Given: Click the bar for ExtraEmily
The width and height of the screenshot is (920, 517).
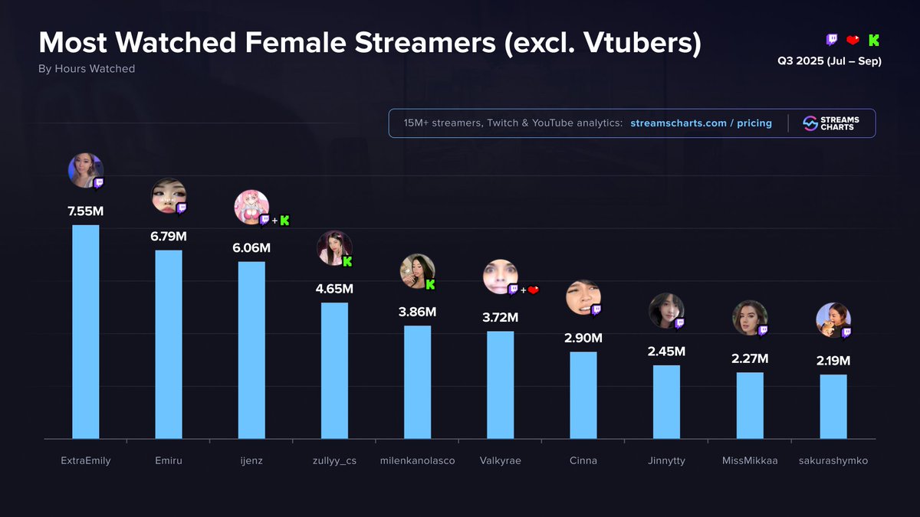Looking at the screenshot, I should pos(85,331).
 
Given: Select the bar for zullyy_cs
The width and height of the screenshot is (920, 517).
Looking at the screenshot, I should pos(334,370).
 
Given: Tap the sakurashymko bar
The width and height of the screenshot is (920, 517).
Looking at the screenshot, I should pos(833,406).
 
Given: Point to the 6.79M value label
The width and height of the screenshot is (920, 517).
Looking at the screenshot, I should pos(169,236).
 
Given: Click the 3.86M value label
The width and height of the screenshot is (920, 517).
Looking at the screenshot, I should pos(418,312).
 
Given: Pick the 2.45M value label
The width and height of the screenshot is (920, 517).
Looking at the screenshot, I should pos(666,352).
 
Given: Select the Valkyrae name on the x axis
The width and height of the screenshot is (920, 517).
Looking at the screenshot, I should pos(500,460).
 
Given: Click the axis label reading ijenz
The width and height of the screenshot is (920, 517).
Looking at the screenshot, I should pos(251,460).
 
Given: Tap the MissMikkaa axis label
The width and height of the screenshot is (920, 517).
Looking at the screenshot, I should pos(750,460).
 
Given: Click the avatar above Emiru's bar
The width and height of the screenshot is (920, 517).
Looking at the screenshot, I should pos(168,196).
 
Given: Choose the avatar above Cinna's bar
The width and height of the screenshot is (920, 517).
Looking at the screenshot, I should pos(583,297).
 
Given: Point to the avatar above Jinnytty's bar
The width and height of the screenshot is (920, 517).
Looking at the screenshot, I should pos(665,311).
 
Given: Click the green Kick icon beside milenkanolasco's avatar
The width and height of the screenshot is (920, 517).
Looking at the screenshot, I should pos(430,285).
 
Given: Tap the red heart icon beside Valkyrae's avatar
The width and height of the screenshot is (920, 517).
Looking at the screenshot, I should pos(534,290).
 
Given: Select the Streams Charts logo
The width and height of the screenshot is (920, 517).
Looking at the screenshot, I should pos(831,123).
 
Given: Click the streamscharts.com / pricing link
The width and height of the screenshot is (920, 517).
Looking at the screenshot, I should pos(701,123).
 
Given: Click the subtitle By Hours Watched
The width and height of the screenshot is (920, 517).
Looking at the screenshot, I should pos(87,69).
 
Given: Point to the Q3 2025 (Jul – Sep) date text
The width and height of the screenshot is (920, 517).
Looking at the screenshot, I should pos(829,61).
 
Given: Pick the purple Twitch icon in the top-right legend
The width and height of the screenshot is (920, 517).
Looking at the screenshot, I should pos(832,40).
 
